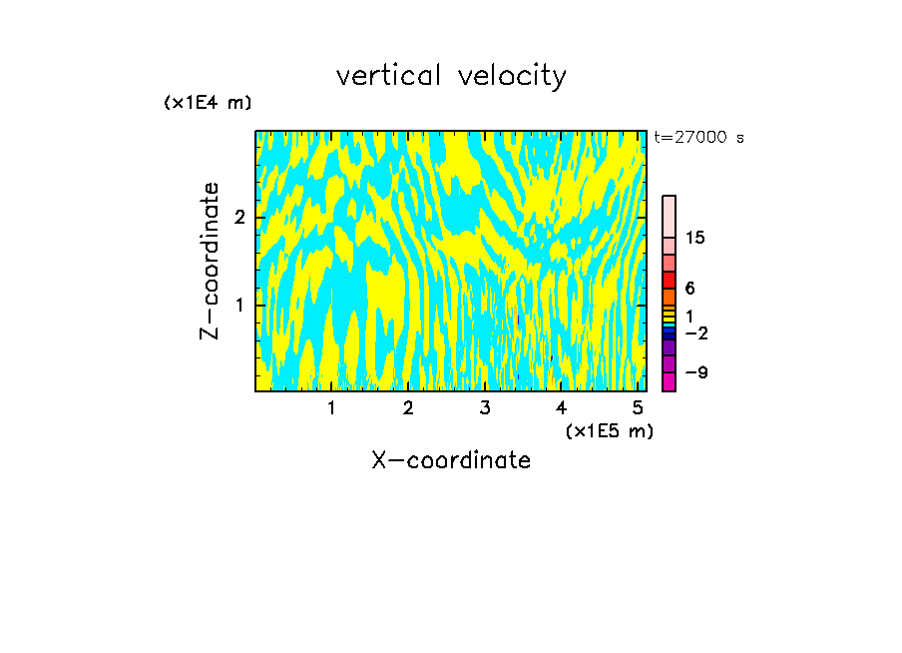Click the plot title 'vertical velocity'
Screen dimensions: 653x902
pyautogui.click(x=451, y=76)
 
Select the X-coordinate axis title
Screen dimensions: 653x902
pyautogui.click(x=451, y=460)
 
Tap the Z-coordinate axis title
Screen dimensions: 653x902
pyautogui.click(x=210, y=261)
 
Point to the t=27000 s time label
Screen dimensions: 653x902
pyautogui.click(x=698, y=138)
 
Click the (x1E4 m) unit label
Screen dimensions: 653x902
pyautogui.click(x=208, y=103)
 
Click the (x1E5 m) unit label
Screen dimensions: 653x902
pyautogui.click(x=609, y=430)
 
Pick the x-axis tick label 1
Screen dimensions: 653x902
pyautogui.click(x=332, y=408)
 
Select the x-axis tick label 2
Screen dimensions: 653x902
pyautogui.click(x=408, y=408)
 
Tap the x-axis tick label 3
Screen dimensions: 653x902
pyautogui.click(x=485, y=408)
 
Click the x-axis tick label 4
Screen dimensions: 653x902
pyautogui.click(x=561, y=408)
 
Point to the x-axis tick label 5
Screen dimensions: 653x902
pyautogui.click(x=638, y=408)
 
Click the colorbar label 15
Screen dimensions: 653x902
pyautogui.click(x=695, y=238)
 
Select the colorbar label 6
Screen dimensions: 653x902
pyautogui.click(x=689, y=289)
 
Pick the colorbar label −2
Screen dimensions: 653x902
pyautogui.click(x=695, y=332)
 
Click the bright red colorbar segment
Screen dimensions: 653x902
pyautogui.click(x=670, y=280)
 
